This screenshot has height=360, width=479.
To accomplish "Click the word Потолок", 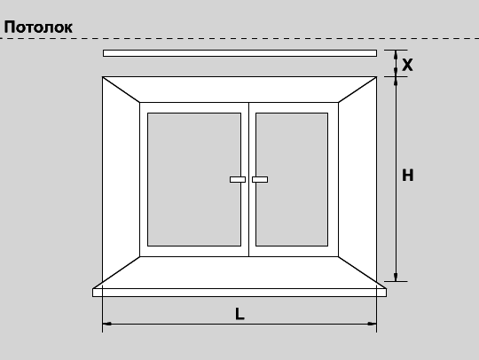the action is point(38,27).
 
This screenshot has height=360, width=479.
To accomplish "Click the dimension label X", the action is point(407,65).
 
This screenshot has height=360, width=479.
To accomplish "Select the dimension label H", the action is point(407,176).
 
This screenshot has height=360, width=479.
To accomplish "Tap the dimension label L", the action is point(239,314).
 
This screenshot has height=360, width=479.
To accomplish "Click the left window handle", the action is point(238,179).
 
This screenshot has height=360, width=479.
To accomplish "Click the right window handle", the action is point(260,179).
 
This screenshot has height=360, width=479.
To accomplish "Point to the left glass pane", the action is point(194,179).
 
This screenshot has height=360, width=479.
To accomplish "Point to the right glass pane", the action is point(292,179).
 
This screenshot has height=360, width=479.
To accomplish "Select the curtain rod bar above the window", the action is point(239,53).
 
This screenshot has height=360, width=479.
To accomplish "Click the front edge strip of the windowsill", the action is point(239,293).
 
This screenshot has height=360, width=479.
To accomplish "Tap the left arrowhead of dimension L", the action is point(106,324).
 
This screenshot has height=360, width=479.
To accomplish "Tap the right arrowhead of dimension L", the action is point(373,324).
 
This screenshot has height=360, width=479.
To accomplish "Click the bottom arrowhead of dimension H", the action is point(396,277).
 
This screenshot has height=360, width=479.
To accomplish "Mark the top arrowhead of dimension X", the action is point(396,54).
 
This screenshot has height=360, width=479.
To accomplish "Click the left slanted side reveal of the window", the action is point(121,179).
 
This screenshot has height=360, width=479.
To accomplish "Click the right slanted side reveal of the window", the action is point(357,179).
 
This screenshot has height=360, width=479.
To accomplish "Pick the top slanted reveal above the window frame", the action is point(239,90).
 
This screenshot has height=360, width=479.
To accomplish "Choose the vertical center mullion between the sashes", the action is point(249,179).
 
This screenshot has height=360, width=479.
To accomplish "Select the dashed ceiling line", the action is point(239,38).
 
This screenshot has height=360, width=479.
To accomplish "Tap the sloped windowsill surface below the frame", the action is point(239,272).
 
